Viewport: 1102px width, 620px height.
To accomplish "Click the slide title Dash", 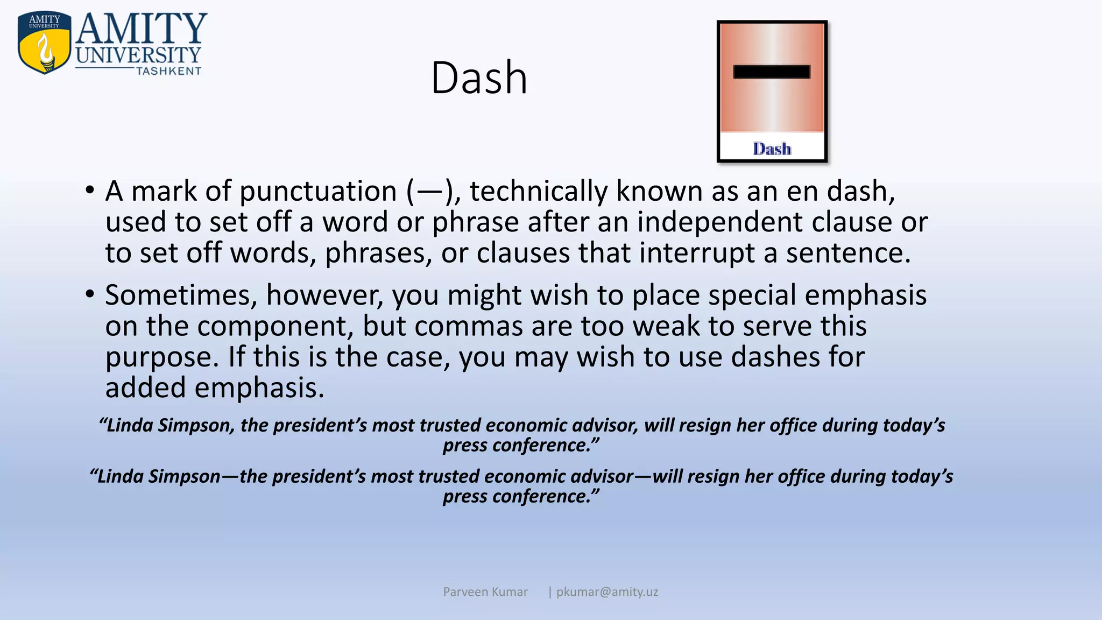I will tap(479, 79).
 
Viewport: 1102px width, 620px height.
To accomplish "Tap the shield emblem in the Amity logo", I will tap(44, 43).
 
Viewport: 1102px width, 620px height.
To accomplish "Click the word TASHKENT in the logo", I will tap(168, 71).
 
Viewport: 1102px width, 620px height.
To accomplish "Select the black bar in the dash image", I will tap(772, 72).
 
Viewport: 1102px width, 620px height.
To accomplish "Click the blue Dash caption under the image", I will tap(772, 149).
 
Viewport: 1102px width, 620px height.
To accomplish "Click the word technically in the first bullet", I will tap(539, 192).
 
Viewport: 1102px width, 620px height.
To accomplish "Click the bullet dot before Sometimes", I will tap(90, 294).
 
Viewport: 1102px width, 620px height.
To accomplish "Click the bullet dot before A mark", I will tap(90, 191).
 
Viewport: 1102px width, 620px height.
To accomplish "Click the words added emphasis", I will tap(215, 388).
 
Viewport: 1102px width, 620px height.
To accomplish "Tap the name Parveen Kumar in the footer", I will tap(485, 592).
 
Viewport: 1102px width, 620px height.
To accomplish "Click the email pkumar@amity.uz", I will tap(607, 592).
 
